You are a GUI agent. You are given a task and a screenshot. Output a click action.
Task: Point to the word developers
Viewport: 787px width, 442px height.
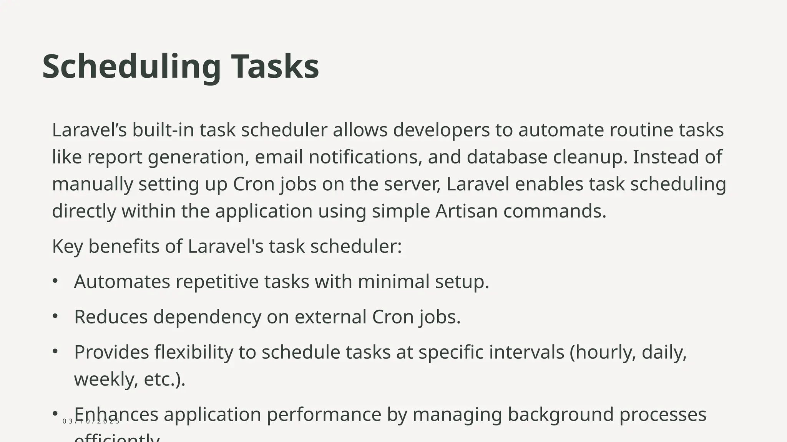coord(441,130)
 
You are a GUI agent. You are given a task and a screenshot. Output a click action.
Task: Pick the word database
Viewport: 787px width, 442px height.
coord(507,157)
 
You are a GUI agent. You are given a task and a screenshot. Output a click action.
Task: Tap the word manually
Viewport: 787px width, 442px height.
coord(92,184)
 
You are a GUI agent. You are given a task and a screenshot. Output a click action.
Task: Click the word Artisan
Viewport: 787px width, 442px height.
coord(466,211)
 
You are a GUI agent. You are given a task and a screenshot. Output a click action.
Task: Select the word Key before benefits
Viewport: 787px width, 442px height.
coord(67,246)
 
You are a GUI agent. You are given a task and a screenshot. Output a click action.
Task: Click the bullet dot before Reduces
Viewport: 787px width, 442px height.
coord(55,316)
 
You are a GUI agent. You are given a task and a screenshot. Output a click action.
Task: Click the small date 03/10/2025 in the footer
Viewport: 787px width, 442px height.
coord(91,421)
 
